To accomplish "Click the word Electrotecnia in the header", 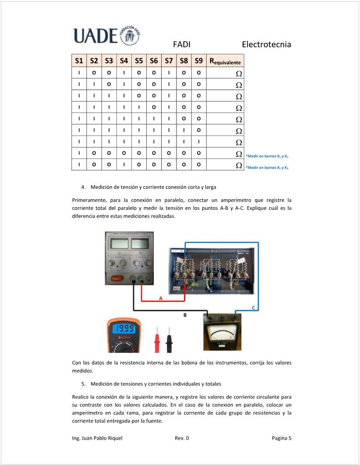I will point(266,45).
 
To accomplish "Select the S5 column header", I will point(139,61).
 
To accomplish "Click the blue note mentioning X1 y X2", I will point(267,156).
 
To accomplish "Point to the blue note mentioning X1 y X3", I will point(267,167).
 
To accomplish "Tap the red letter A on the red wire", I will point(160,299).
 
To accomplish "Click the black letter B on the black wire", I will point(184,315).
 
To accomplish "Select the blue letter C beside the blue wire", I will point(254,308).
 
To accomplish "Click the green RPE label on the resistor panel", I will point(194,285).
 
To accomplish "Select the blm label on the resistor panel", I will point(177,289).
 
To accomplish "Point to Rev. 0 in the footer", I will point(182,438).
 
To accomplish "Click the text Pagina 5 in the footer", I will point(281,438).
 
